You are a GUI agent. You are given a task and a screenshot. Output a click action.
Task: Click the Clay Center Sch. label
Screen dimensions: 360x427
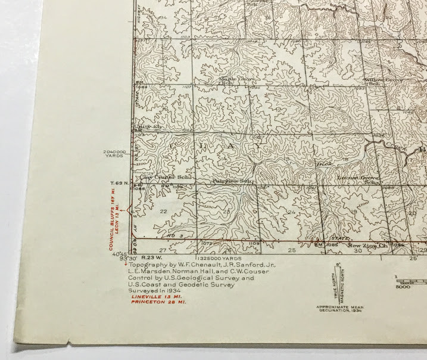[x=158, y=177]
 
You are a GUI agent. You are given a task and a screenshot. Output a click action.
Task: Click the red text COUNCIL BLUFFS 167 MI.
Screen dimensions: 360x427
[x=111, y=218]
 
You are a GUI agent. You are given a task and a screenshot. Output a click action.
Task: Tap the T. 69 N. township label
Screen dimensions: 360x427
[x=118, y=182]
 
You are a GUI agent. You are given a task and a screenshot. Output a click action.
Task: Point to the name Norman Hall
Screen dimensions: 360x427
[x=190, y=270]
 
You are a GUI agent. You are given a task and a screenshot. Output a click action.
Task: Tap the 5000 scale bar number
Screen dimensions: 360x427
[x=403, y=287]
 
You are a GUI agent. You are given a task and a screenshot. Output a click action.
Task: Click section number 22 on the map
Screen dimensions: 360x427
[x=163, y=212]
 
